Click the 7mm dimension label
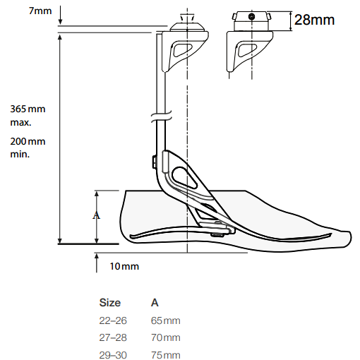click(x=40, y=11)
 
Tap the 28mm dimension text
click(x=314, y=20)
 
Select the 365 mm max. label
click(x=28, y=116)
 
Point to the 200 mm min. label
click(x=28, y=148)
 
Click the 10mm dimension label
click(x=124, y=266)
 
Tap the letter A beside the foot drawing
click(x=96, y=215)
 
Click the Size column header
click(x=110, y=303)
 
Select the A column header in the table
click(x=155, y=303)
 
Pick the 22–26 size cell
click(x=113, y=320)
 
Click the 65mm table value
click(x=166, y=320)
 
